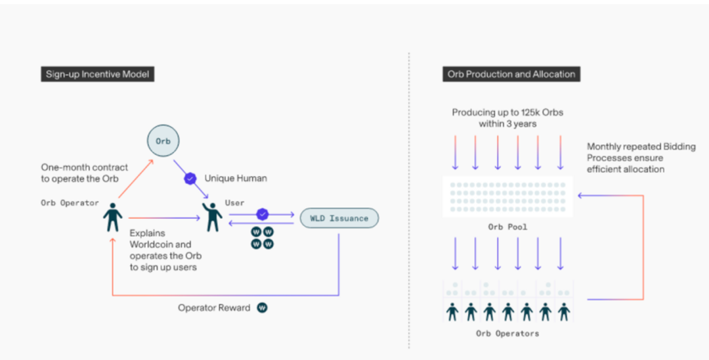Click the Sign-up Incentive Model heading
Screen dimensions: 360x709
[97, 74]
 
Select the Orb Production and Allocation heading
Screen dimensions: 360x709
[511, 74]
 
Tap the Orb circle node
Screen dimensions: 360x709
[163, 141]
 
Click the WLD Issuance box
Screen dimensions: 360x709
[339, 218]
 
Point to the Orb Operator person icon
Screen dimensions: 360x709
[113, 217]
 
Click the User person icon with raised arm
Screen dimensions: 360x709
[212, 217]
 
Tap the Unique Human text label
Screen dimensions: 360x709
[236, 178]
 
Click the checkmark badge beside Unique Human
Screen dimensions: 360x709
[191, 178]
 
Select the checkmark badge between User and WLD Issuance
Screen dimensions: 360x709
[263, 214]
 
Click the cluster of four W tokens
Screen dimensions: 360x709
[263, 238]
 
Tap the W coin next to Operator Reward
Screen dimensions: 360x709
[262, 307]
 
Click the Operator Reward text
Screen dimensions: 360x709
[214, 307]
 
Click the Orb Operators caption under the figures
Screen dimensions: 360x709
[507, 334]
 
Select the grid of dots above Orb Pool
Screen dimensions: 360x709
[507, 197]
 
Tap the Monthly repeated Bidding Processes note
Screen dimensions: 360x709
[641, 158]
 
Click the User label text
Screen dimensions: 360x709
[234, 203]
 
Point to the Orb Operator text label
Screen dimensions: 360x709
[70, 202]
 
